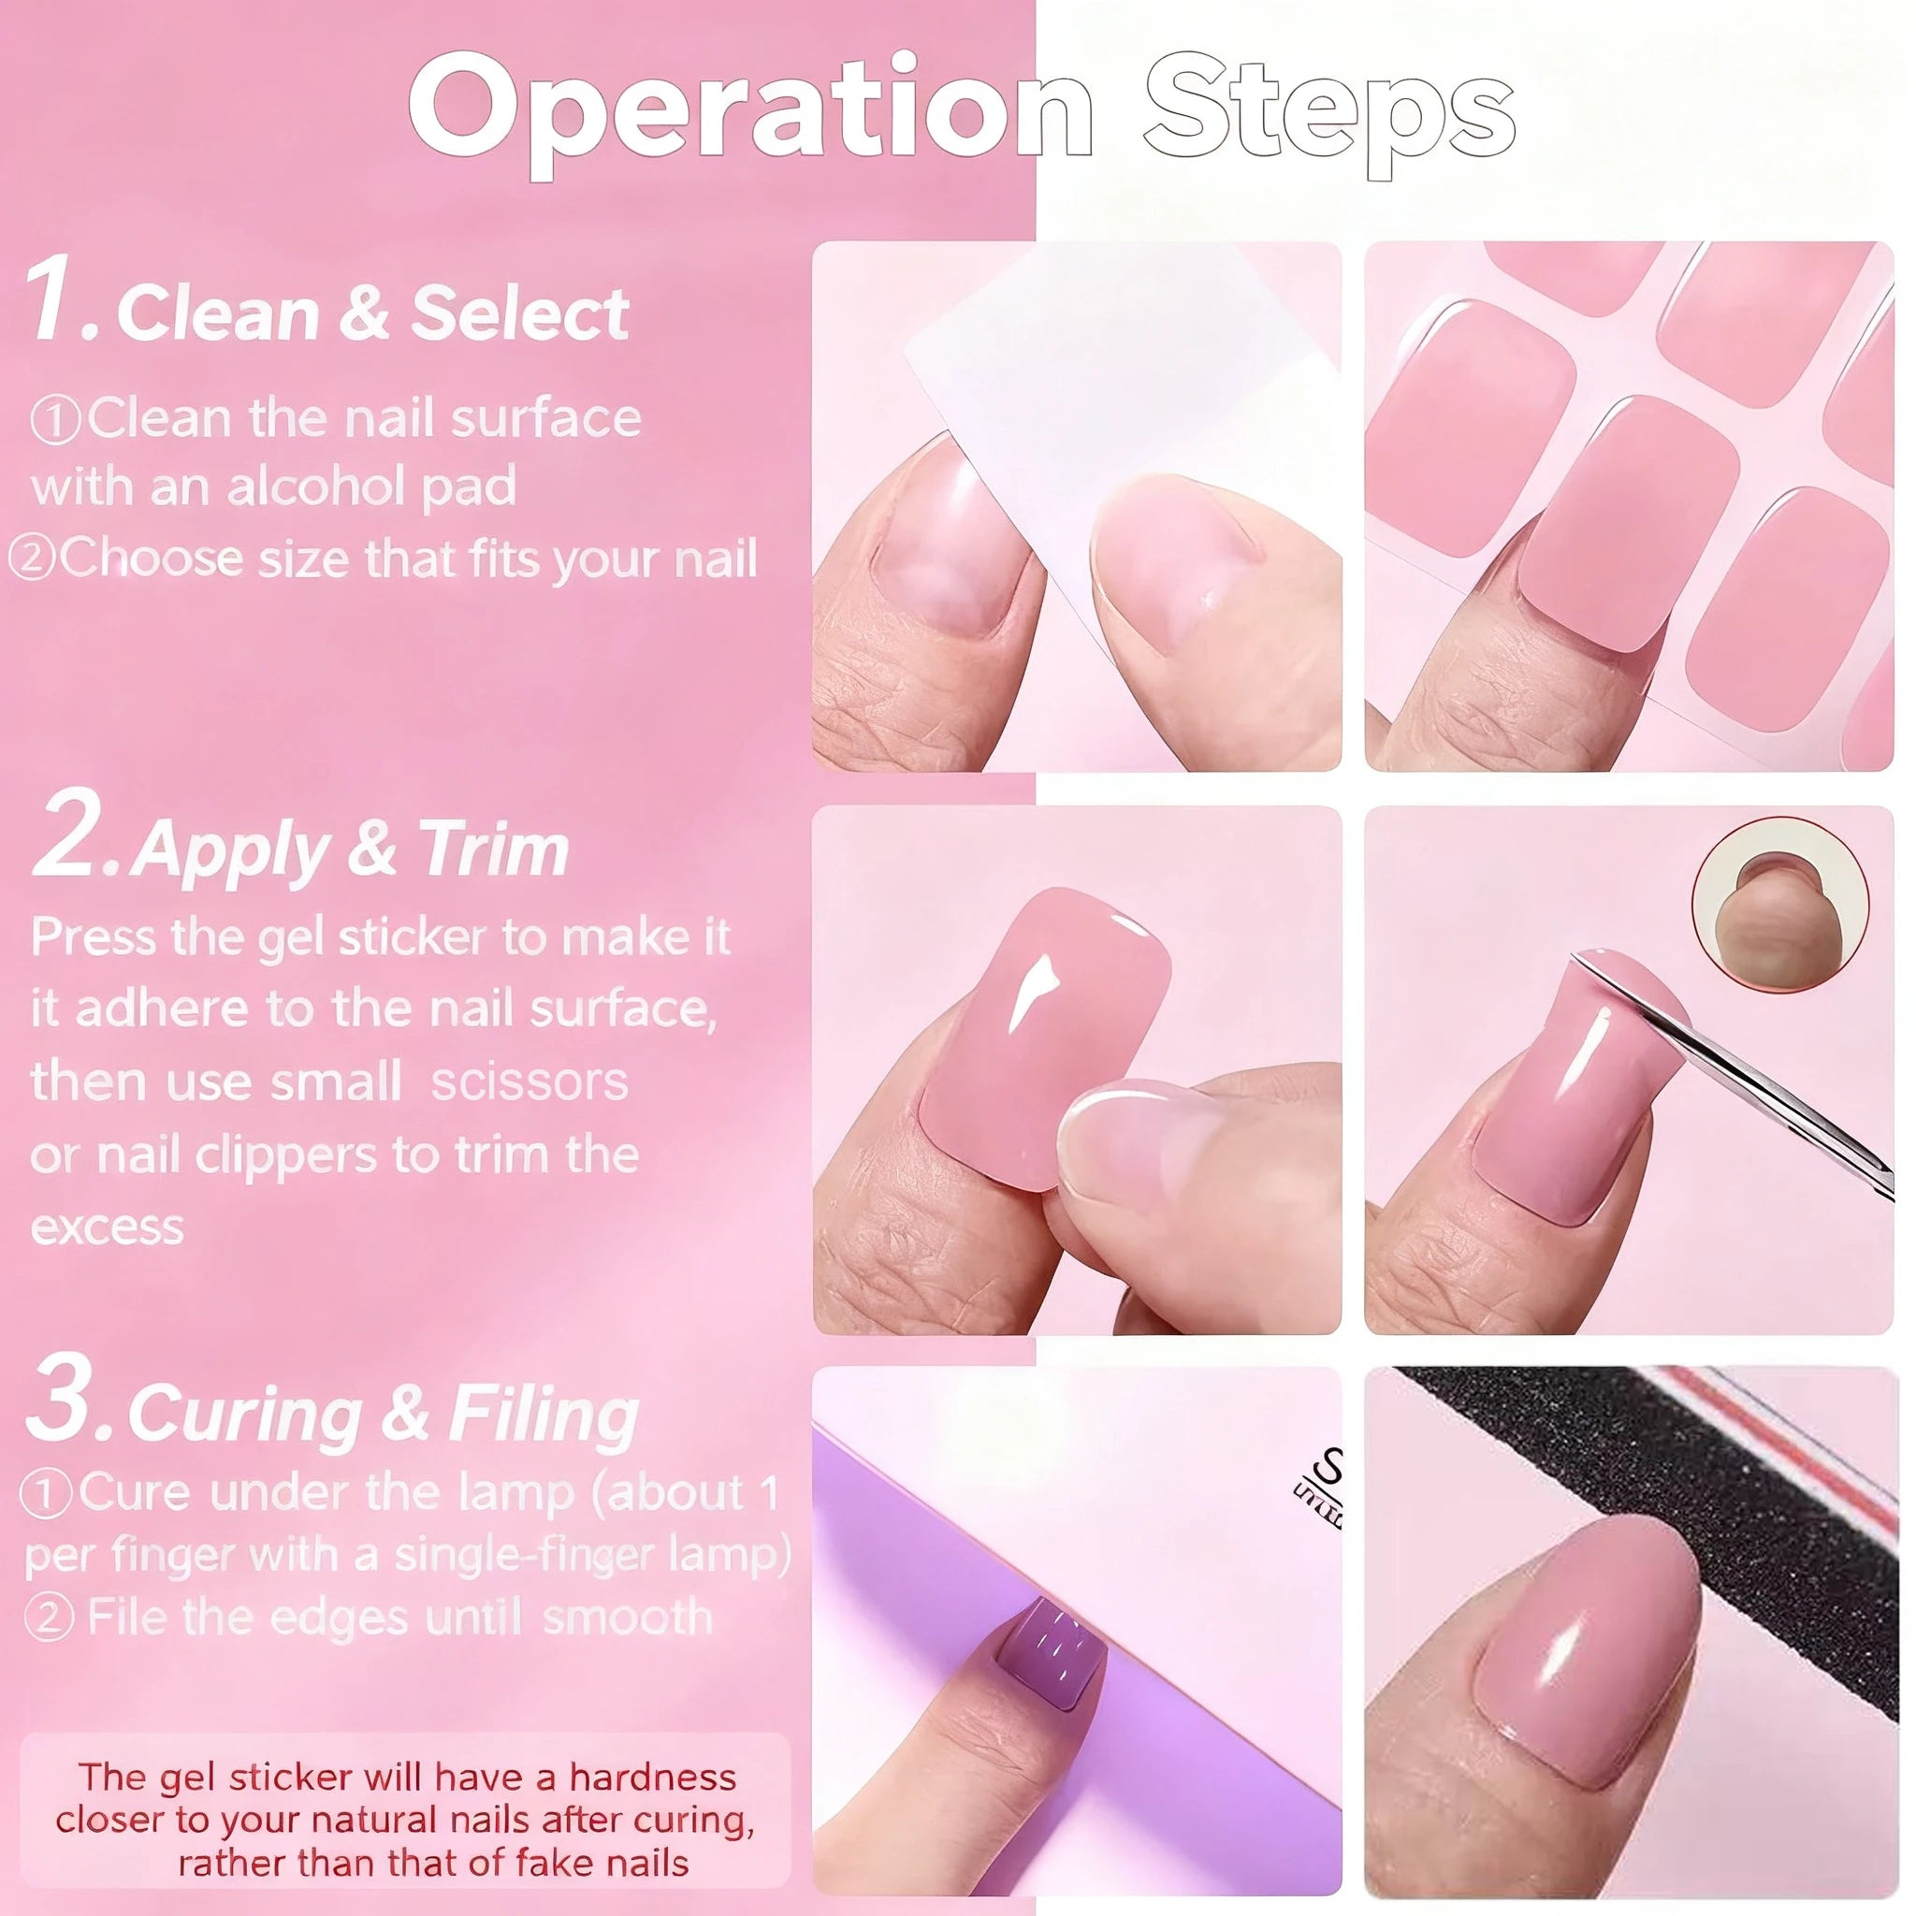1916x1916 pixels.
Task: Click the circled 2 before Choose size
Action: [32, 559]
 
